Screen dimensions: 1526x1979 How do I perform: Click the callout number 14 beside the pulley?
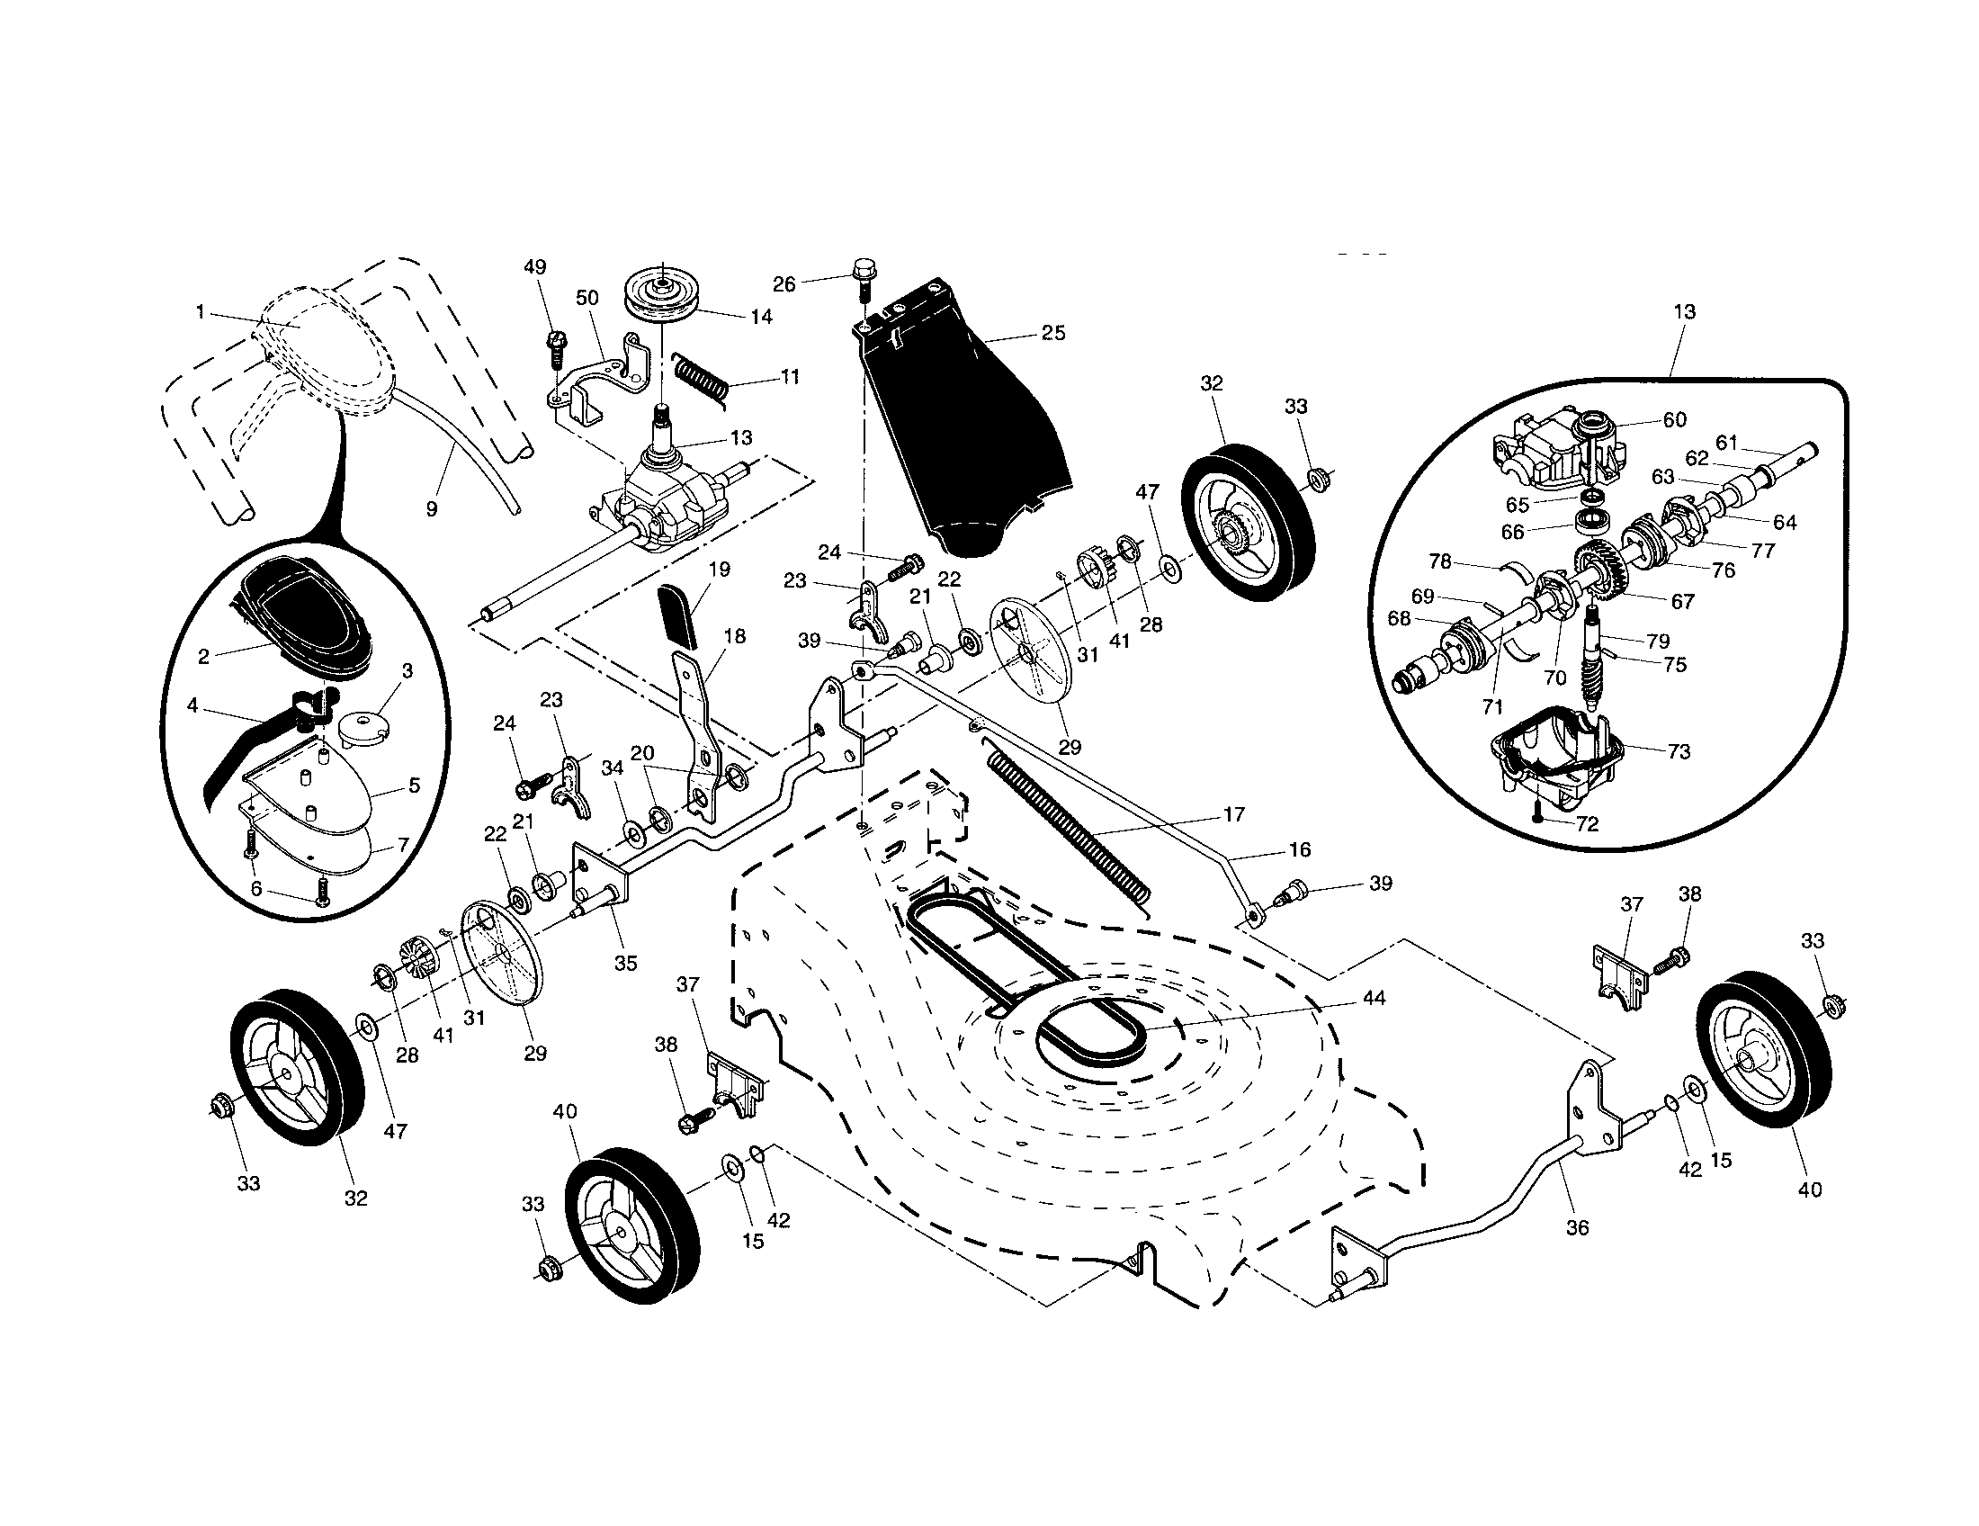tap(761, 316)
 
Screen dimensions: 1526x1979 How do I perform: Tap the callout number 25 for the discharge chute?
tap(1053, 333)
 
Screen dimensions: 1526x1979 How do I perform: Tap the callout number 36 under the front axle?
tap(1577, 1228)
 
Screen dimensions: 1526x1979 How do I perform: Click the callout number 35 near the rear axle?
tap(625, 964)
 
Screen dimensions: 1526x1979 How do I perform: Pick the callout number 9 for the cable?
tap(431, 509)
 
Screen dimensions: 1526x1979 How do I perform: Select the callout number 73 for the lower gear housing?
tap(1679, 751)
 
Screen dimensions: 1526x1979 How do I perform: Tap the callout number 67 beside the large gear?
tap(1682, 601)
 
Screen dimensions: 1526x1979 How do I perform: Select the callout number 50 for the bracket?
tap(587, 298)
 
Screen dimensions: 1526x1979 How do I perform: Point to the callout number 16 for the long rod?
tap(1300, 849)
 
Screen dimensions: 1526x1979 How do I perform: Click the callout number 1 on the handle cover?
tap(200, 311)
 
